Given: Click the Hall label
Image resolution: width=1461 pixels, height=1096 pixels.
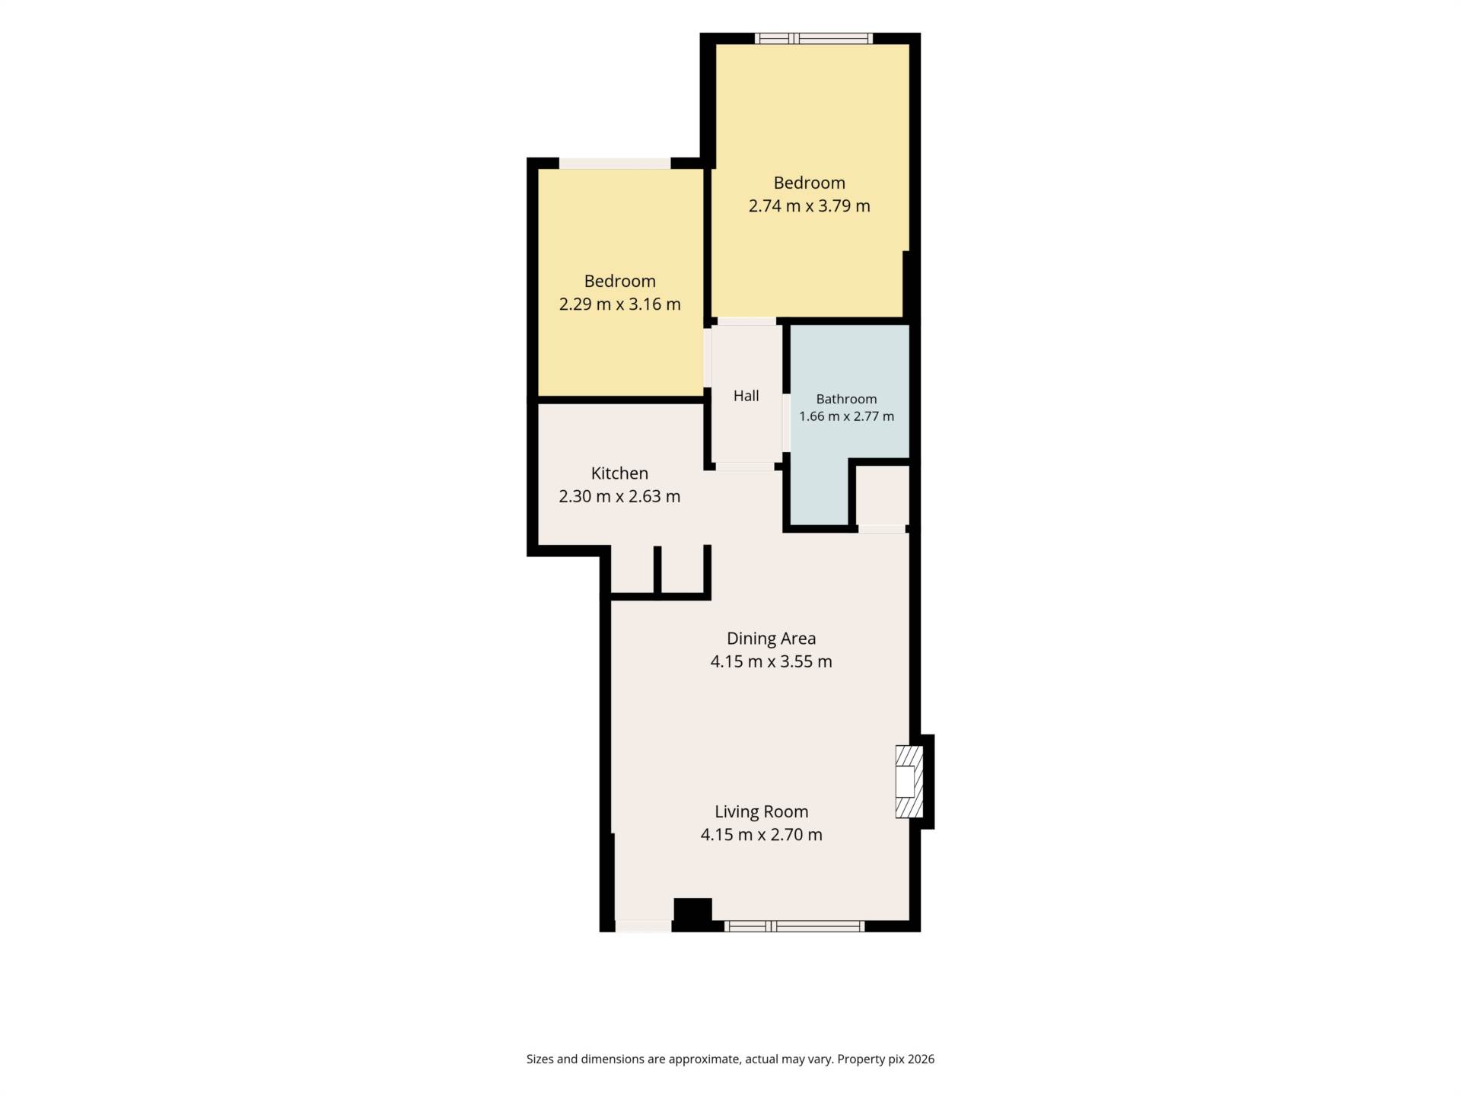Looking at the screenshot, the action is click(746, 396).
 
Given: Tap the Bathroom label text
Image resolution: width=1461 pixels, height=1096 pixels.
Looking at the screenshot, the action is click(846, 399).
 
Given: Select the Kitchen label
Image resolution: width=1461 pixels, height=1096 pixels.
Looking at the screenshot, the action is click(619, 473).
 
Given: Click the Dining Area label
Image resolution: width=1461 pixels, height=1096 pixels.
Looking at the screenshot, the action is click(771, 639).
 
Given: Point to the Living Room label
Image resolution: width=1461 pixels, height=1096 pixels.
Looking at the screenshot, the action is click(761, 811).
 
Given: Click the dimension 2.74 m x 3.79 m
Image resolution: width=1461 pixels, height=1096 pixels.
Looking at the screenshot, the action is click(809, 206).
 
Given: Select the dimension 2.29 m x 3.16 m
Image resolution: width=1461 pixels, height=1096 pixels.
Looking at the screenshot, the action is click(619, 304).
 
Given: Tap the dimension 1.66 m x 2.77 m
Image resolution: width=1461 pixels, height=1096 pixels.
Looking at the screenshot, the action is click(846, 417).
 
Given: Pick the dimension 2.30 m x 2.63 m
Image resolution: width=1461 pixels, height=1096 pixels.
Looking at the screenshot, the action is click(619, 497).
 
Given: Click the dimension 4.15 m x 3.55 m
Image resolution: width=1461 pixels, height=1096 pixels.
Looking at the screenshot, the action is click(771, 662).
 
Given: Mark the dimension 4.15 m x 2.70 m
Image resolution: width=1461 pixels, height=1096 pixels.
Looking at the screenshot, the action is click(761, 835).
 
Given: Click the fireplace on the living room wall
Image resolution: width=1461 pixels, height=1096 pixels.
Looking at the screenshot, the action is click(909, 782).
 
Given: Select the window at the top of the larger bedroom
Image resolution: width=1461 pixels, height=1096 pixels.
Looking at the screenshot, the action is click(813, 38).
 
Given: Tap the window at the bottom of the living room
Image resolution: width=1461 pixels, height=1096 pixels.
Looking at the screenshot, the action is click(794, 926).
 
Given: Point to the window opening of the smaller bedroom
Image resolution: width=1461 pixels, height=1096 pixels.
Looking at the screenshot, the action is click(615, 163).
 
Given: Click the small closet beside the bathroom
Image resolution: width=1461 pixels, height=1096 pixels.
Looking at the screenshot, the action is click(882, 495).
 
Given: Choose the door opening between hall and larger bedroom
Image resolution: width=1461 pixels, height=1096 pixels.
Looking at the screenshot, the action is click(747, 321).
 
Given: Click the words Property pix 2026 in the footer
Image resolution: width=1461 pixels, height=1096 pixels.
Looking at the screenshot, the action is click(886, 1059).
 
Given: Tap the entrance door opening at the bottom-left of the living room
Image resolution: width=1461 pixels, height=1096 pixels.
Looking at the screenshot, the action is click(643, 926).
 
